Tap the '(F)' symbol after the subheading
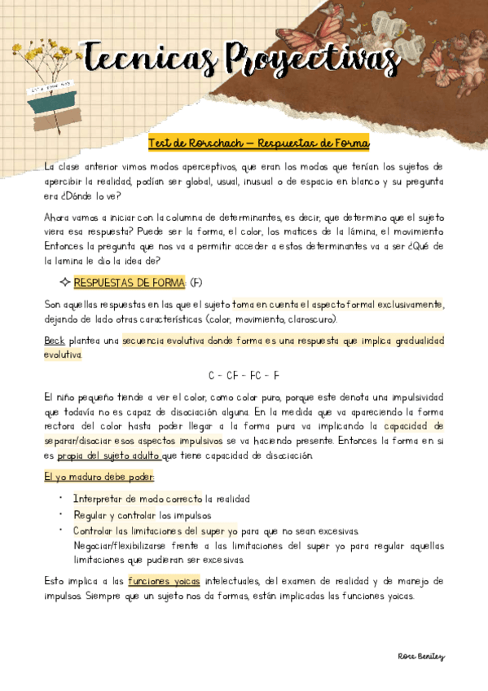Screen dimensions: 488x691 tap(196, 283)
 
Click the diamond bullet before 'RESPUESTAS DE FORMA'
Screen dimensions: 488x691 tap(65, 283)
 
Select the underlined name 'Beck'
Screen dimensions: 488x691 tap(55, 341)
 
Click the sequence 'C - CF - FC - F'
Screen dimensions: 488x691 tap(244, 376)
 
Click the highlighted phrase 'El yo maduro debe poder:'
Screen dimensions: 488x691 tap(99, 477)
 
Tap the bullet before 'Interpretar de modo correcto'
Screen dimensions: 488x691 tap(62, 499)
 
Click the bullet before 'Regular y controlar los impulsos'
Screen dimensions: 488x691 tap(62, 515)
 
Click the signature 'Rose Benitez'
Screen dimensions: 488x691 tap(420, 656)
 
